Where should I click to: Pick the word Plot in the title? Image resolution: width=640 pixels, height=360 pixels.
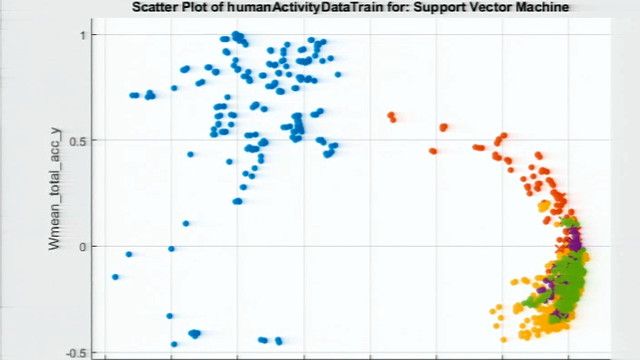tap(199, 7)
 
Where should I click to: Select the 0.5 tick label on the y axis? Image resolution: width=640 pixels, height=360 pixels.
tap(83, 140)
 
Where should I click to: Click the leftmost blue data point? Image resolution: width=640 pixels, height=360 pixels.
tap(115, 277)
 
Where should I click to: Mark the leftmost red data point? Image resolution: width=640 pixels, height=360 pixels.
tap(391, 116)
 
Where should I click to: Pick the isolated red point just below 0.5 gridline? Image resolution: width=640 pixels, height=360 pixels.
tap(433, 151)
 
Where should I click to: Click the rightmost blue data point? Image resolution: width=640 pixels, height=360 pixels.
tap(338, 74)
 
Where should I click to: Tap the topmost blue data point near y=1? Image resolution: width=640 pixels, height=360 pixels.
tap(236, 35)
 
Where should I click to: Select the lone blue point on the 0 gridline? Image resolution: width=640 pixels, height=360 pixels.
tap(171, 248)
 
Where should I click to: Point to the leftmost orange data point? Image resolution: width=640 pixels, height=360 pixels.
tap(493, 309)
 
